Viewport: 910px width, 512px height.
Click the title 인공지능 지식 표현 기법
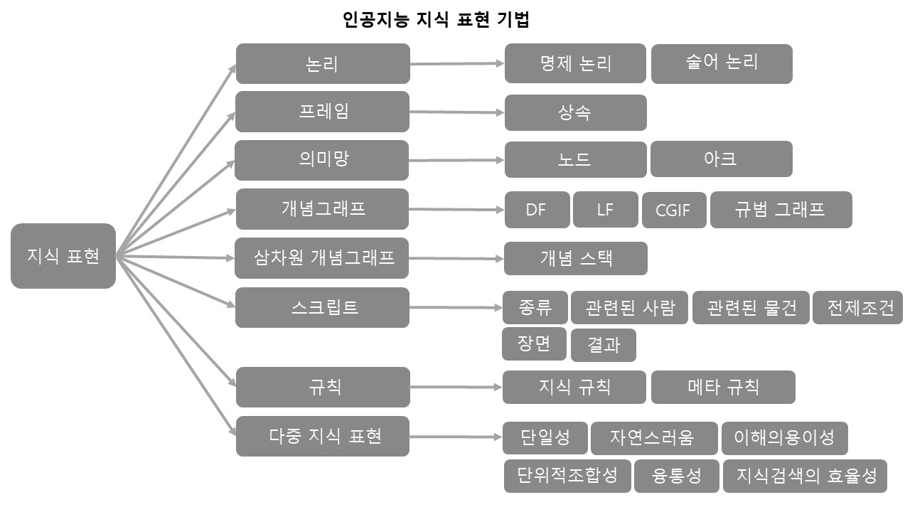436,20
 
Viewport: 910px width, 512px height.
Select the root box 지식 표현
63,256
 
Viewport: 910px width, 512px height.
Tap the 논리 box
323,64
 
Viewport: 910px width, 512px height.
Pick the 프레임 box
323,112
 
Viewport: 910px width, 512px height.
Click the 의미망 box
323,160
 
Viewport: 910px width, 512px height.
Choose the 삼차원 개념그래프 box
323,257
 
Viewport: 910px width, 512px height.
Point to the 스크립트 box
323,307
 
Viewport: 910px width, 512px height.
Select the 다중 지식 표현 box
323,435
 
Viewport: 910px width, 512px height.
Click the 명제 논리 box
575,63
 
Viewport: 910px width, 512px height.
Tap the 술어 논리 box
722,63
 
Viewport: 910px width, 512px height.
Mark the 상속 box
575,112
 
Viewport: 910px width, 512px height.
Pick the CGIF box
674,210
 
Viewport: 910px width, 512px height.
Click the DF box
537,210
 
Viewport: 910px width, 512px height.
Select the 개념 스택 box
575,258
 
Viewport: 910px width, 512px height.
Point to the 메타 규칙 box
723,387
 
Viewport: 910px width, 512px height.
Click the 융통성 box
676,476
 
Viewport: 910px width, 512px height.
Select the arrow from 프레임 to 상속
456,112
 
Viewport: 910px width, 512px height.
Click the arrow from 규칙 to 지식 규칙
456,387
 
